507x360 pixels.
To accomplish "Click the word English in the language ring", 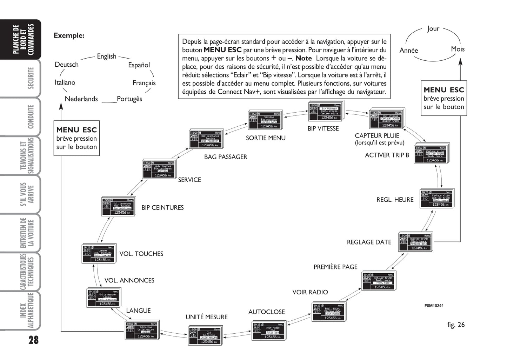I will click(106, 56).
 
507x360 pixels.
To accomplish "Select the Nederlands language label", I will click(81, 99).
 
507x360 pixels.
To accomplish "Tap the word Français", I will click(144, 83).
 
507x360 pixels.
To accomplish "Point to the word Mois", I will click(458, 49).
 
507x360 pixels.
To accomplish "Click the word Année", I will click(409, 51).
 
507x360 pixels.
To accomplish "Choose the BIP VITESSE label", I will click(323, 129).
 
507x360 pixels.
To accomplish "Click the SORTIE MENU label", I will click(266, 138).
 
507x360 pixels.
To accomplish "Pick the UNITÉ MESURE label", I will click(206, 317).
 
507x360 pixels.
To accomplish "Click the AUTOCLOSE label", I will click(266, 312).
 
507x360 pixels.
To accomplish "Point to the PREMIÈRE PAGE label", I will click(335, 267).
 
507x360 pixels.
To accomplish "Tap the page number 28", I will click(33, 340).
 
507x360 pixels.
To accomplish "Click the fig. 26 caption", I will click(456, 325).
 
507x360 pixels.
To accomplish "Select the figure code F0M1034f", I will click(433, 306).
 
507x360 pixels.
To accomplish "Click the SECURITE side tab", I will click(31, 78).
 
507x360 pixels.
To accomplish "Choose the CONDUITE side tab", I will click(31, 117).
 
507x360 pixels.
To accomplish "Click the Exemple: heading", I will click(69, 35).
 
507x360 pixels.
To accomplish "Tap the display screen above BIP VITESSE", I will click(326, 112).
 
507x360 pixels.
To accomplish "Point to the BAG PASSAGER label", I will click(226, 157).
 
